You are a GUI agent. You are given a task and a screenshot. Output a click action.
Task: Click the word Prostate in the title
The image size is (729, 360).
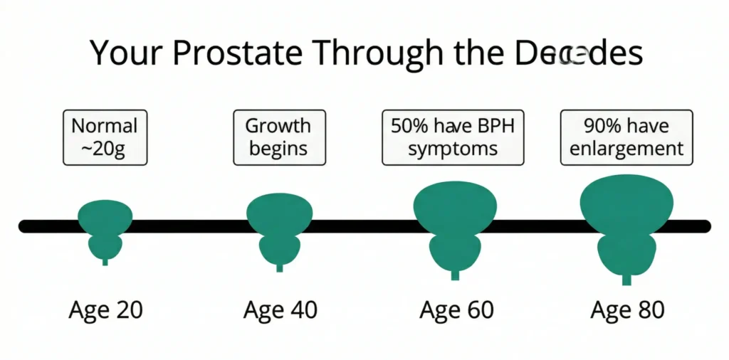(x=241, y=55)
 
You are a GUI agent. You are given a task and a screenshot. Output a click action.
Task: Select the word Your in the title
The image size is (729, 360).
(x=124, y=55)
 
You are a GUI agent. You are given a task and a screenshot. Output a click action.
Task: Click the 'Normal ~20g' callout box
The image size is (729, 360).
(x=105, y=137)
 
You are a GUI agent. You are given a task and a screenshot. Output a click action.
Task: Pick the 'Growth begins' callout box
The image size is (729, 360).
(x=279, y=137)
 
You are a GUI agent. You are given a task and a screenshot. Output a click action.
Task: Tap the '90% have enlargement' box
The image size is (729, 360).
(x=626, y=137)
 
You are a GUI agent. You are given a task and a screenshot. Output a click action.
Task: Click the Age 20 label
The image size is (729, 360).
(x=106, y=310)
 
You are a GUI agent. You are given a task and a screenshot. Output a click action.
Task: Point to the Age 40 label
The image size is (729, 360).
(x=280, y=310)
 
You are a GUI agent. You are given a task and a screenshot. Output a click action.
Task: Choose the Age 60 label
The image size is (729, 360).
(x=456, y=310)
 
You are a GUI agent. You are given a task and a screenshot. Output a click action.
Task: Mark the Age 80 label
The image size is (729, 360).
(x=627, y=310)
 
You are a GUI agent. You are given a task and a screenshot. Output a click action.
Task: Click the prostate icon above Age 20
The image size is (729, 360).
(x=105, y=229)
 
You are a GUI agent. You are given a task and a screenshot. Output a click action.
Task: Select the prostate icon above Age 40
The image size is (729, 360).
(x=279, y=229)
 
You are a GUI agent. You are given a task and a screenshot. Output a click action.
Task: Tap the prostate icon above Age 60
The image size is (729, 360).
(x=455, y=228)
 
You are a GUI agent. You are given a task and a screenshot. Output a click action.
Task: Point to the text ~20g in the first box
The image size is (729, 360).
(x=105, y=149)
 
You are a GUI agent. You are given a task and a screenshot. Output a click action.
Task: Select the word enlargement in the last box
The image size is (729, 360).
(x=626, y=149)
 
